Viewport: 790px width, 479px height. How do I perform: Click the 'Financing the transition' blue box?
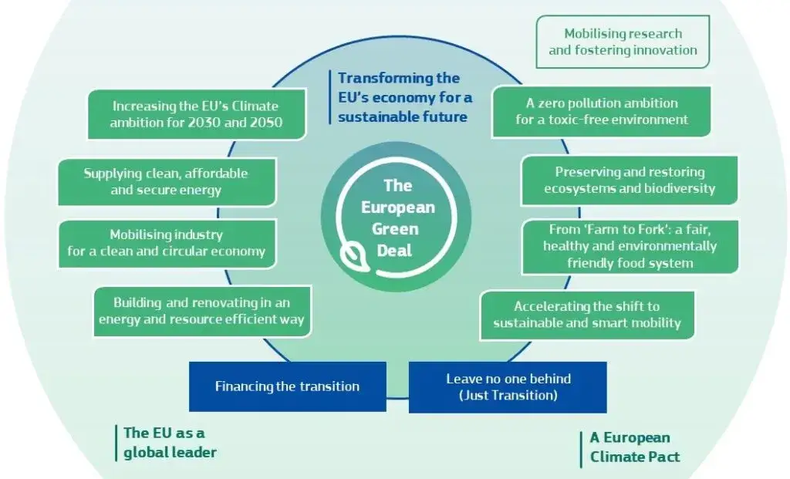(x=288, y=386)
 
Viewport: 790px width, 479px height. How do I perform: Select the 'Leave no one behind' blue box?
(x=508, y=387)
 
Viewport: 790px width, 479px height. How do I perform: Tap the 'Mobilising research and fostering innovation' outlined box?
(x=623, y=42)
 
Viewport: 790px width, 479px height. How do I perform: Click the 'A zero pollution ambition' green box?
(x=602, y=111)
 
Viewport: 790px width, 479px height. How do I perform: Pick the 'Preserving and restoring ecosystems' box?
(x=630, y=180)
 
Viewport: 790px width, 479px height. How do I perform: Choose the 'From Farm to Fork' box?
(x=630, y=246)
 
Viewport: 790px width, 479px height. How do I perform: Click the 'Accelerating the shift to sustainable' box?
(x=587, y=315)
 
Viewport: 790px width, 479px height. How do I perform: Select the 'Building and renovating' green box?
(x=203, y=312)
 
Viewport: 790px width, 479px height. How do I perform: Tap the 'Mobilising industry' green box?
(x=167, y=243)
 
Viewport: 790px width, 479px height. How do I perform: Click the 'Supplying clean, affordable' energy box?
(x=167, y=182)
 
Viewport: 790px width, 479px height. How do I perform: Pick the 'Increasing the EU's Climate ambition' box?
(x=197, y=114)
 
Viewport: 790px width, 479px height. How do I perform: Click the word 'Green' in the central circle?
(x=395, y=229)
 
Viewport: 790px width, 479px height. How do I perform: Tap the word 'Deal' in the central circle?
(x=394, y=251)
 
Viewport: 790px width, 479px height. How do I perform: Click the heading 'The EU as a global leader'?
(x=170, y=443)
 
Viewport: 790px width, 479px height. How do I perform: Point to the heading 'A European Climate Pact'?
(x=635, y=447)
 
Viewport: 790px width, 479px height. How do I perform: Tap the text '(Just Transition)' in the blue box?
(x=508, y=396)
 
